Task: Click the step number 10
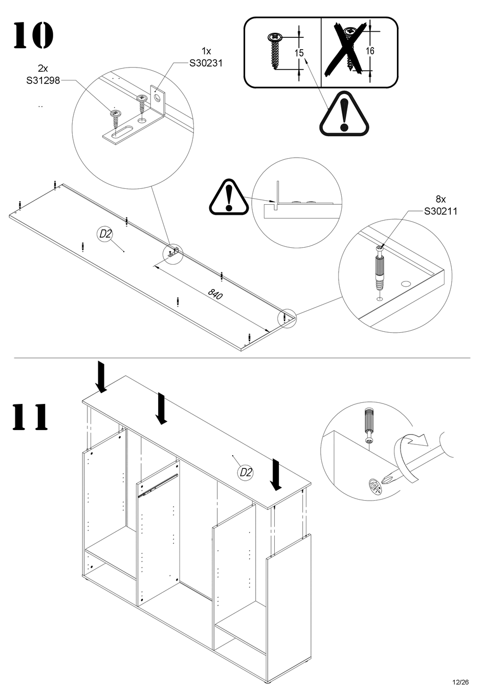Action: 33,35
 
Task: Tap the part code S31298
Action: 43,80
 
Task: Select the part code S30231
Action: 206,63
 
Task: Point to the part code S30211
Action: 440,211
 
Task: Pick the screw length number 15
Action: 299,53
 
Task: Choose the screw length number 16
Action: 370,51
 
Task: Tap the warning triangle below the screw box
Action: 344,115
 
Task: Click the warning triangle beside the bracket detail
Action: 229,197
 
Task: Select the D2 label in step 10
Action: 105,234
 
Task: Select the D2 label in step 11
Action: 246,472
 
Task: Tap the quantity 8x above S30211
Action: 440,199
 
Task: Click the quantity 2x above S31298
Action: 43,68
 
